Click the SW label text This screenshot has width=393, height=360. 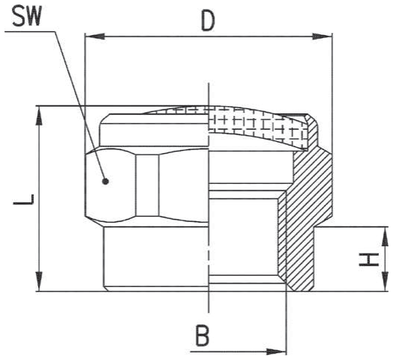point(26,17)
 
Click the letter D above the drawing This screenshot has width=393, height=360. point(208,22)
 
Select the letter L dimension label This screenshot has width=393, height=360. point(24,199)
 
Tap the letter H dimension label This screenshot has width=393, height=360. point(368,259)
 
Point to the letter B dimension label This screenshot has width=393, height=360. point(202,335)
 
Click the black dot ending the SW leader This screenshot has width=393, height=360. point(105,181)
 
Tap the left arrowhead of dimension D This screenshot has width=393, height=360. point(95,37)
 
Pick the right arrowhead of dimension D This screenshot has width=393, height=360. point(322,37)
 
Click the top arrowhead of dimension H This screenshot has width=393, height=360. point(385,236)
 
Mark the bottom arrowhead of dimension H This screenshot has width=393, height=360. point(385,282)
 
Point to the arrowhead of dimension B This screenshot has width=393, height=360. point(276,352)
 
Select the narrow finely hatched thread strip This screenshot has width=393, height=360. point(282,235)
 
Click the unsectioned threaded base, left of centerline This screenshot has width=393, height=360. point(156,258)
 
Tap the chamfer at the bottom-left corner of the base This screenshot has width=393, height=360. point(106,288)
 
